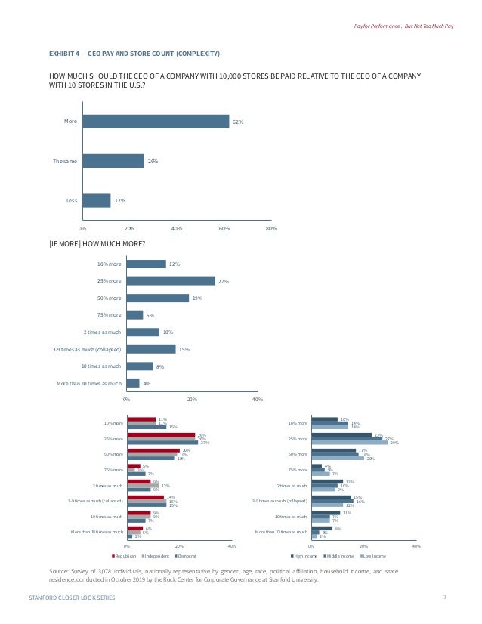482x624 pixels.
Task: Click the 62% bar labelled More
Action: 155,122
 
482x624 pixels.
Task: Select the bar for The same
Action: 113,161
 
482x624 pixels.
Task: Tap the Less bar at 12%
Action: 96,200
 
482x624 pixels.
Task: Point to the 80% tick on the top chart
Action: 271,227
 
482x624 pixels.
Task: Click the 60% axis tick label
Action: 224,227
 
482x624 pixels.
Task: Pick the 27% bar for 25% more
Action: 171,281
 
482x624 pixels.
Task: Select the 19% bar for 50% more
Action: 157,298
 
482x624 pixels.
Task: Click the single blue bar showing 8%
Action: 139,366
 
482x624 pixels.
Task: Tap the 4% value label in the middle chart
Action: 147,383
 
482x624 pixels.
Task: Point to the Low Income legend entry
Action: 372,555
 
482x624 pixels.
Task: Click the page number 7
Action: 444,597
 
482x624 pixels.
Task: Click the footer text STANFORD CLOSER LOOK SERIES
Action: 71,598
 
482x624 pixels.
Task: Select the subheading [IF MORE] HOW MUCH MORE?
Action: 97,243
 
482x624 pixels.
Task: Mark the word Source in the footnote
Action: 57,573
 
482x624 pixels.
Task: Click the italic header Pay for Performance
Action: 376,27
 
